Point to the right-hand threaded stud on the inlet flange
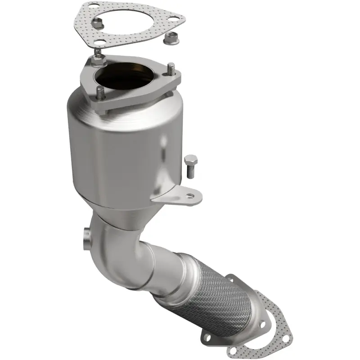[171, 70]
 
